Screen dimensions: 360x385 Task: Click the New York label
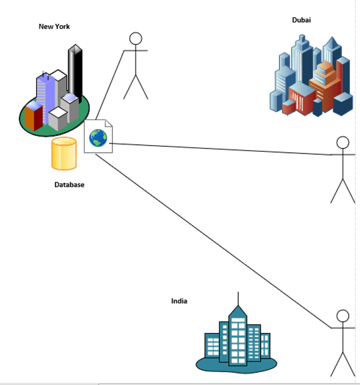tap(54, 27)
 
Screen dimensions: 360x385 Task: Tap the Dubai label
tap(301, 20)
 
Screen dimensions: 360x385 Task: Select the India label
tap(179, 301)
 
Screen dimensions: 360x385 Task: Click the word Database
tap(69, 184)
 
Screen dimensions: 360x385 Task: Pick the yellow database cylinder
tap(64, 153)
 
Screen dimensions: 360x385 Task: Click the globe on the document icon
tap(98, 138)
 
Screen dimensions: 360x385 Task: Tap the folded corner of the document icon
tap(109, 124)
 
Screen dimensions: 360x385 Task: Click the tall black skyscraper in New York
tap(75, 73)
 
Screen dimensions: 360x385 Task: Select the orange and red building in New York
tap(34, 117)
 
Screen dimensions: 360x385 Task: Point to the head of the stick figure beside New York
tap(136, 39)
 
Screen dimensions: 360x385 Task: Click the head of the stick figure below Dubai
tap(343, 142)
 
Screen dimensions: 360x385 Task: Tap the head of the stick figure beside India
tap(343, 316)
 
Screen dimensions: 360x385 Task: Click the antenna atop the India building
tap(238, 299)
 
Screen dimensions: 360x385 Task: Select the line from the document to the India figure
tap(213, 241)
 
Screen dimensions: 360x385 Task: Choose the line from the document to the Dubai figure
tap(220, 149)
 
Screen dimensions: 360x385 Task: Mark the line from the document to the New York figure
tap(110, 85)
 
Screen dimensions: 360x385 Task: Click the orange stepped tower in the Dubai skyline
tap(325, 84)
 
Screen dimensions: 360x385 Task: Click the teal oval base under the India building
tap(236, 365)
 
